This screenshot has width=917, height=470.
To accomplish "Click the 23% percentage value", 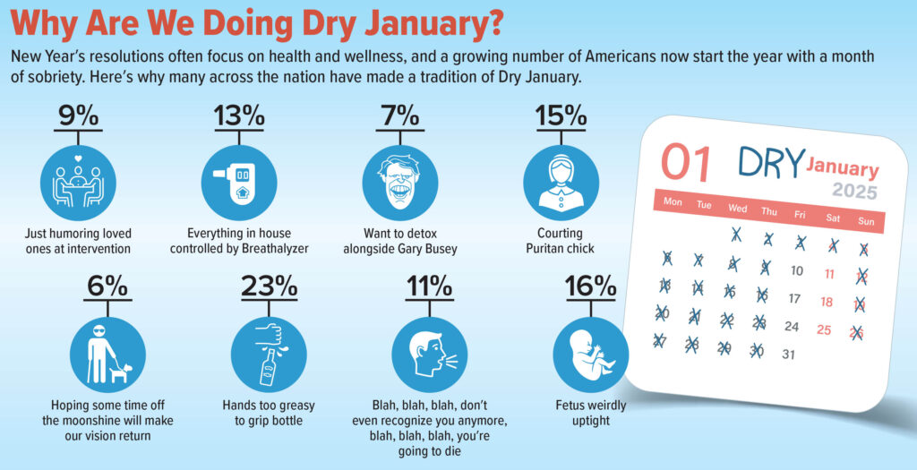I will [270, 286].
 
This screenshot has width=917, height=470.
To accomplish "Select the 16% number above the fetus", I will [591, 286].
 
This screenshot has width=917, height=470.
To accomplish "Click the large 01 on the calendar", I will [686, 164].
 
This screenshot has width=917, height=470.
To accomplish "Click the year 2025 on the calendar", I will [855, 191].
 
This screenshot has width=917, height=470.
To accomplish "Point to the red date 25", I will [824, 330].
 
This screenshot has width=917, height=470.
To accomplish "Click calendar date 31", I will [788, 354].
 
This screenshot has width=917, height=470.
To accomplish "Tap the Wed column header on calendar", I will [738, 208].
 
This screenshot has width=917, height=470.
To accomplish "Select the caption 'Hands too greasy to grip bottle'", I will [270, 414].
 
